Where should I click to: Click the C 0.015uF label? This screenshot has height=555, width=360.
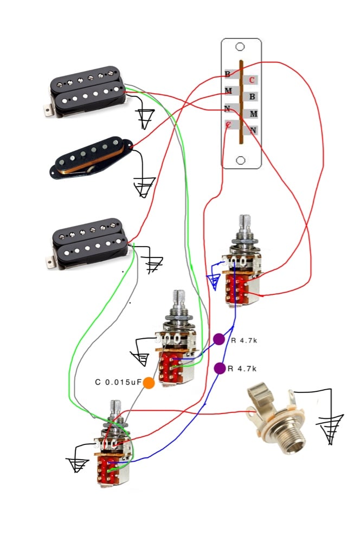pos(118,382)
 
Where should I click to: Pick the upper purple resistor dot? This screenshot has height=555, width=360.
pos(218,339)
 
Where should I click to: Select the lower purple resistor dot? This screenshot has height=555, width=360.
pos(220,369)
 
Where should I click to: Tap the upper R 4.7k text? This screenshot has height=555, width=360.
pos(243,340)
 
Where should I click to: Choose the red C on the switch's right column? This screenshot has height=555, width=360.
pos(252,80)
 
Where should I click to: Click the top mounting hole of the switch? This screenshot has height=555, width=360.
pos(241,47)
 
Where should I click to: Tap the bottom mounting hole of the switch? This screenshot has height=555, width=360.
pos(241,160)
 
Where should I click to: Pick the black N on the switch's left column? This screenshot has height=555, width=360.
pos(228,108)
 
